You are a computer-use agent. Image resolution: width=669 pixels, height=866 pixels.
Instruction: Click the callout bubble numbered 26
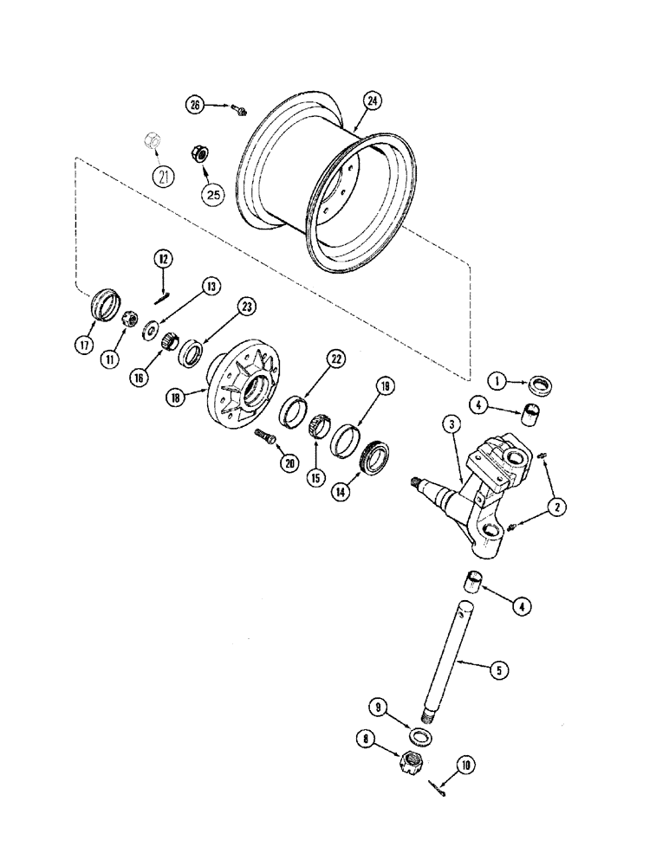point(196,105)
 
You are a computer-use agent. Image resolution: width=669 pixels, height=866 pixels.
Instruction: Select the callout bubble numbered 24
point(373,100)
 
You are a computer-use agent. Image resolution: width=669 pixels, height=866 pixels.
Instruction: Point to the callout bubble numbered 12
point(164,257)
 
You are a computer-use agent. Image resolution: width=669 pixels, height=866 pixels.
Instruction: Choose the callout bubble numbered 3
point(451,423)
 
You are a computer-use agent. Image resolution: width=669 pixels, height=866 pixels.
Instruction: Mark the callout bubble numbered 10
point(467,765)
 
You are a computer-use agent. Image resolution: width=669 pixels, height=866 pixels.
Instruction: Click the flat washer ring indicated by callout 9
point(419,735)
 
